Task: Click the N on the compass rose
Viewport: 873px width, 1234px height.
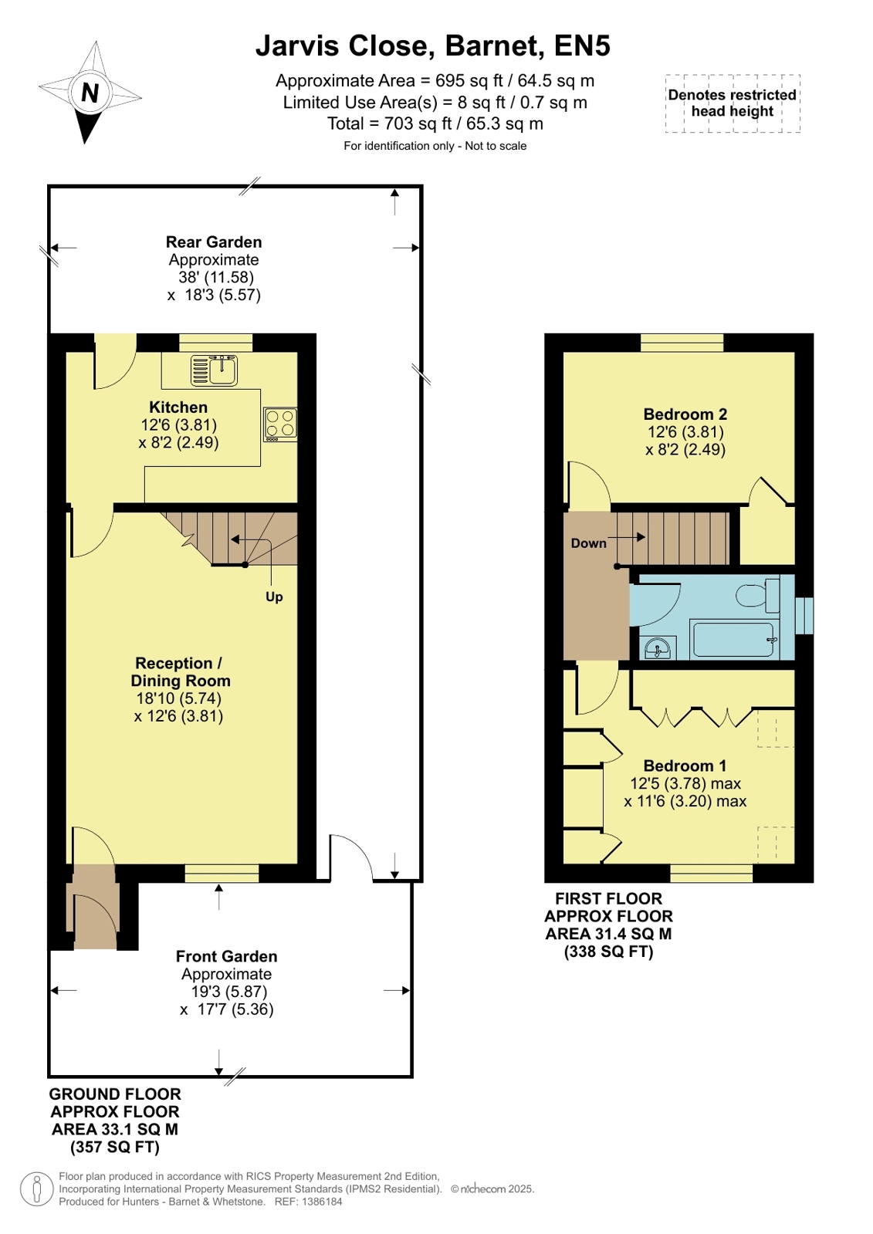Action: point(90,93)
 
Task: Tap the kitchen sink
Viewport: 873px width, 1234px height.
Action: point(215,370)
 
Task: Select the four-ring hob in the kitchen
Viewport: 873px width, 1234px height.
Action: point(280,424)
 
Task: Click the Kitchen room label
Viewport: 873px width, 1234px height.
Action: point(178,407)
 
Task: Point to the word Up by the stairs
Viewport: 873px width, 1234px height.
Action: point(274,597)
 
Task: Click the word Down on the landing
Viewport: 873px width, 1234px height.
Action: point(589,543)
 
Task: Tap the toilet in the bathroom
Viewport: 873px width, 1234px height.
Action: point(758,595)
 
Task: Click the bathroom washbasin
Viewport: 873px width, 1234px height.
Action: point(657,647)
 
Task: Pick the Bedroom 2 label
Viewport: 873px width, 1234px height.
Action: point(685,414)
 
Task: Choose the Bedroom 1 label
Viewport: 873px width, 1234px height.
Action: point(685,766)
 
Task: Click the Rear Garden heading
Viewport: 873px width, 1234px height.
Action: point(214,242)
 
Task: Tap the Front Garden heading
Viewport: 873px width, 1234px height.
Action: point(226,956)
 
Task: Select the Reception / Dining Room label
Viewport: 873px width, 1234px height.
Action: point(180,671)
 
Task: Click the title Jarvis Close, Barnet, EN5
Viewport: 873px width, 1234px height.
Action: point(433,46)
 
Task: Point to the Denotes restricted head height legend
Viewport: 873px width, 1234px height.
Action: point(733,103)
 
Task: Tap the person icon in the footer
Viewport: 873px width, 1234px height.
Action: point(37,1188)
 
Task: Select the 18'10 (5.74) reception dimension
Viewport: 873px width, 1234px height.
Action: point(178,698)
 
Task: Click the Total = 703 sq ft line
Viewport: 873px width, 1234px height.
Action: point(435,123)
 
